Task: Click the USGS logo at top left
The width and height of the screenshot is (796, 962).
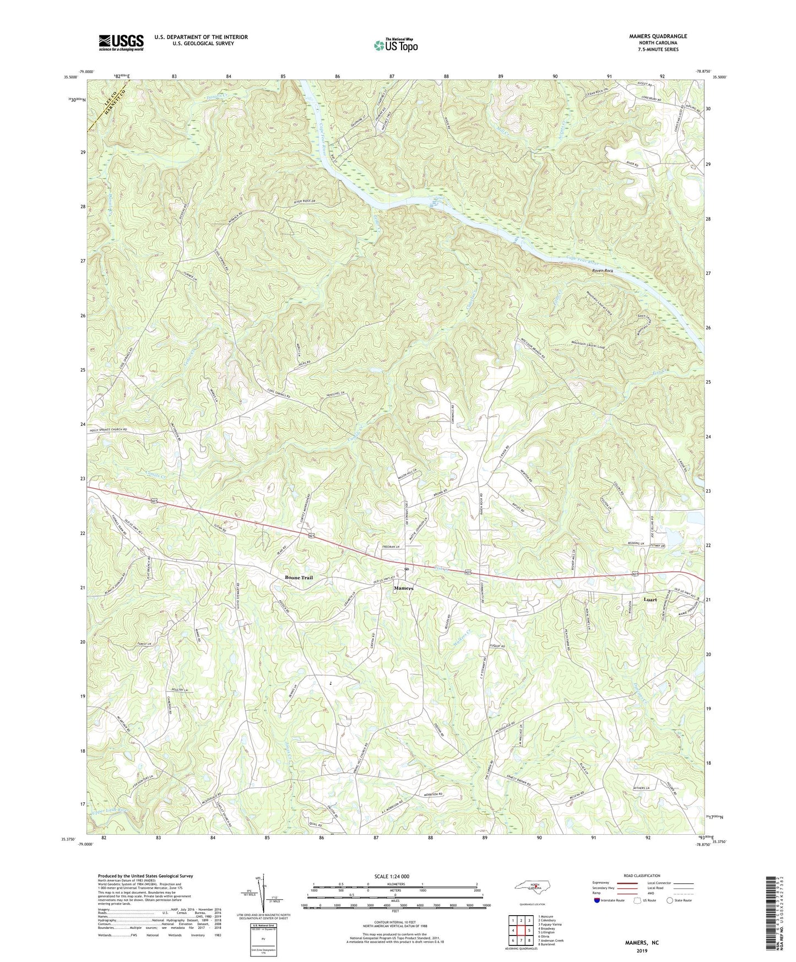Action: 121,43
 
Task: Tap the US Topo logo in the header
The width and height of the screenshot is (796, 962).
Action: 395,45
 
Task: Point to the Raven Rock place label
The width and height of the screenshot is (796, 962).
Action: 602,271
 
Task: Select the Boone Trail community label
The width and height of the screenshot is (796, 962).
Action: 299,577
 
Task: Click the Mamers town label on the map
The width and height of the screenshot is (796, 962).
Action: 403,588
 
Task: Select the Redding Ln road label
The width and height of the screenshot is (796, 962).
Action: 638,543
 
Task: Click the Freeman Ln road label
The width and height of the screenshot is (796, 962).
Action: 391,547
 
